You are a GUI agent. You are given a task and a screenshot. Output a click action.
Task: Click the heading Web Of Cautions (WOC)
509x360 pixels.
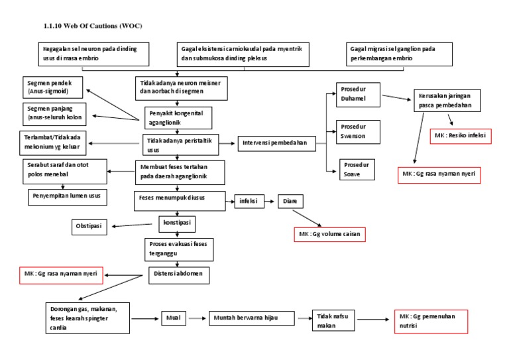pos(92,26)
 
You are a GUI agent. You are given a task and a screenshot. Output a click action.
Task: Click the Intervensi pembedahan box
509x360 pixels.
pos(276,143)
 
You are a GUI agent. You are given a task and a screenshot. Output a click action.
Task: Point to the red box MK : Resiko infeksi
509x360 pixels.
pos(460,135)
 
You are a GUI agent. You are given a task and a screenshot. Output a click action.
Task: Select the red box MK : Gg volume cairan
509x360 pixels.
pos(330,235)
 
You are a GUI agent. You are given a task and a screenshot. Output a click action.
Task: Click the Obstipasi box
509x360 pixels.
pos(92,227)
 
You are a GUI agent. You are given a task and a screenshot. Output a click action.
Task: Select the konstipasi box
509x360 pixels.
pos(177,222)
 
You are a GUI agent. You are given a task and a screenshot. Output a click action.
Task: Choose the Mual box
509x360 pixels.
pos(173,318)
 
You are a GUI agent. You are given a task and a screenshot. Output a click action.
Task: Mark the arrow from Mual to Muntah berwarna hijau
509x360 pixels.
pos(197,318)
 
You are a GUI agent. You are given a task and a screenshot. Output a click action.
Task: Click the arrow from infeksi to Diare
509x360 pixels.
pos(270,199)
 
